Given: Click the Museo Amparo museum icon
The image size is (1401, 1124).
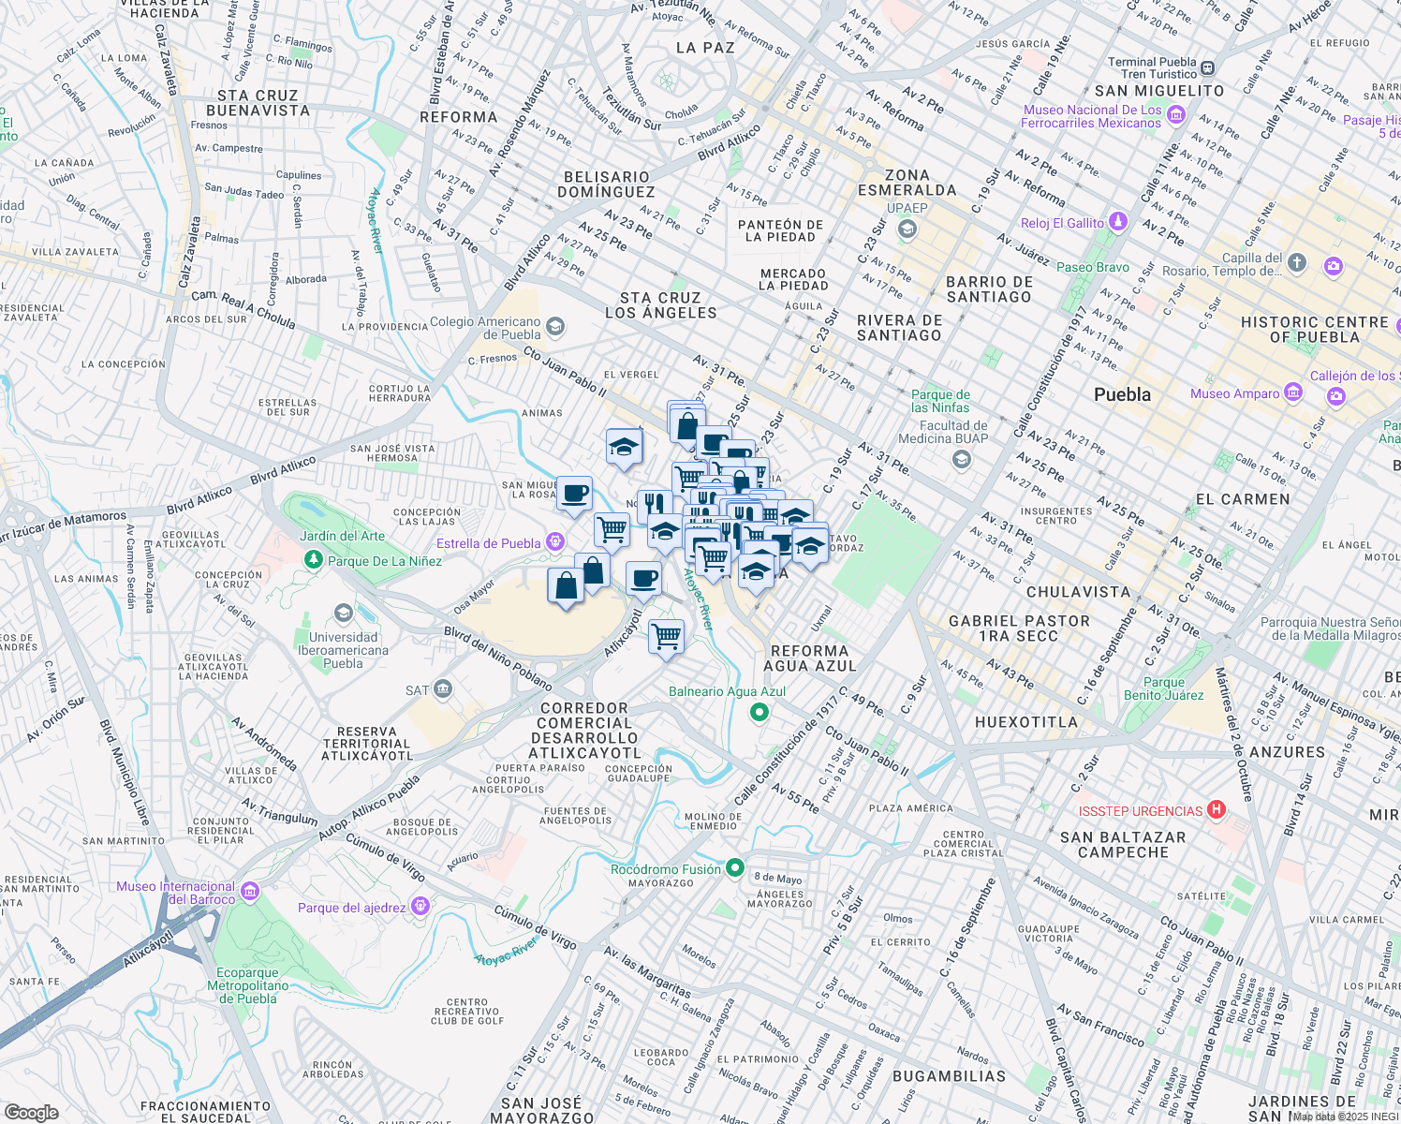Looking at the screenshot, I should tap(1293, 392).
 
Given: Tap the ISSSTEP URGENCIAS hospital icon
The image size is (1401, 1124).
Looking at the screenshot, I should tap(1217, 810).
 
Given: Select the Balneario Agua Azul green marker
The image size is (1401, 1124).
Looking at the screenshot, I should tap(759, 713).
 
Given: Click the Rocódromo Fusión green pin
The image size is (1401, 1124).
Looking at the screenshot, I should tap(736, 868).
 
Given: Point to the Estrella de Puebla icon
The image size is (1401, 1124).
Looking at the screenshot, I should tap(555, 541).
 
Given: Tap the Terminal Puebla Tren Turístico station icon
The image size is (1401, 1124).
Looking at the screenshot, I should tap(1208, 67).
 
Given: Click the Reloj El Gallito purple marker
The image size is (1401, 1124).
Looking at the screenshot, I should tap(1117, 221).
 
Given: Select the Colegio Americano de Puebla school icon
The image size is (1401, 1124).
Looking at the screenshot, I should tap(555, 326).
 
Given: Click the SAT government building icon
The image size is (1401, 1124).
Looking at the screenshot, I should tap(443, 689).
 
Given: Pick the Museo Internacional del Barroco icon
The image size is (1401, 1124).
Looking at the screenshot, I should tap(250, 891).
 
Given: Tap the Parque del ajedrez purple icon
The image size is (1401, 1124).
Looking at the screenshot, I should tap(420, 906).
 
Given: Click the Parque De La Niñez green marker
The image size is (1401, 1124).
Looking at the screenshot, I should tap(314, 560).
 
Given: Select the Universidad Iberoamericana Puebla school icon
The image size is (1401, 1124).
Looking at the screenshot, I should tap(344, 614).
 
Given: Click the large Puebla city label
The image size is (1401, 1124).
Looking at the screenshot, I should tap(1122, 394).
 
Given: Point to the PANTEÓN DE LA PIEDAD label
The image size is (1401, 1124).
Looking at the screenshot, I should tap(780, 230).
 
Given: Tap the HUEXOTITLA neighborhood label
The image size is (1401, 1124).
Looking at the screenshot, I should tap(1026, 722).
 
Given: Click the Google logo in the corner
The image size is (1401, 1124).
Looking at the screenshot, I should tap(32, 1112).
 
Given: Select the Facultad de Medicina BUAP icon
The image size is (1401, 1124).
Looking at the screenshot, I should tap(961, 458).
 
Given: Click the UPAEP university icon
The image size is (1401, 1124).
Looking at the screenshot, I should tap(906, 229).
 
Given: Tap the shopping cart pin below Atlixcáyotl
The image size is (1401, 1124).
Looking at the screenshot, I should tap(666, 638).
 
